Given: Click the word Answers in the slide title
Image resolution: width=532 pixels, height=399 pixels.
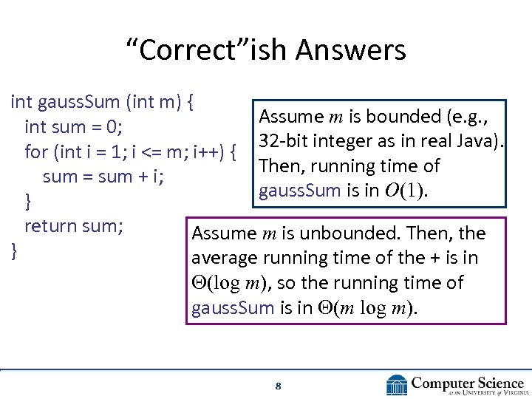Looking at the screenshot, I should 350,51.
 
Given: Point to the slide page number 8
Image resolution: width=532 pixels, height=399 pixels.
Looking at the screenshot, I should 278,386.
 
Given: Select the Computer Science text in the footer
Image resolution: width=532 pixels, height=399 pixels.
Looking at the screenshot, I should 467,383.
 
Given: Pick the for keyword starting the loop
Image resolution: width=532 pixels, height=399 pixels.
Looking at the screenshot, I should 36,152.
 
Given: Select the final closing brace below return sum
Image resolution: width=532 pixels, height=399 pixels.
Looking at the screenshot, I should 14,250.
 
